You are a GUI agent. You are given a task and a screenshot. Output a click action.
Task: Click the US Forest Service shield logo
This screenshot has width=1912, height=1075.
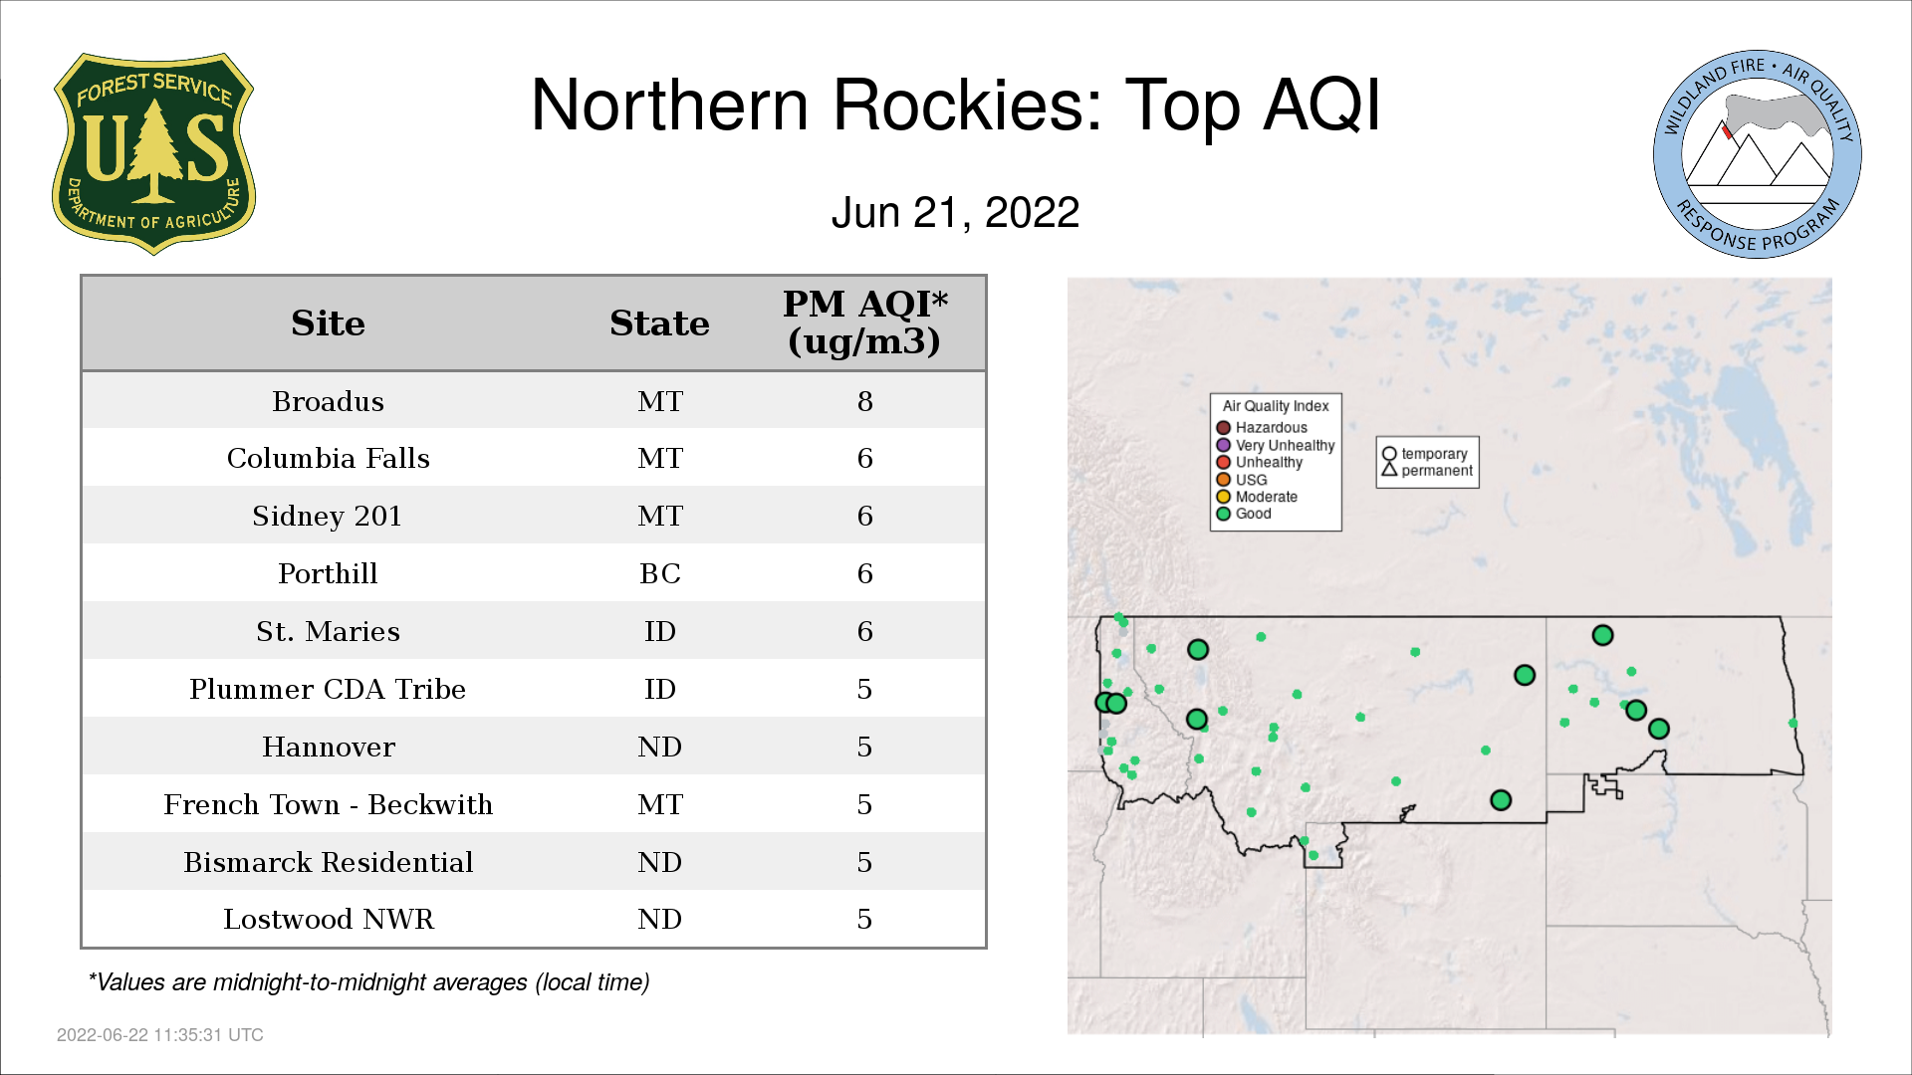153,154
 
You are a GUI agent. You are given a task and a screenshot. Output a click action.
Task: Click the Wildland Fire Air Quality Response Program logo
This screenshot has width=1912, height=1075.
1758,154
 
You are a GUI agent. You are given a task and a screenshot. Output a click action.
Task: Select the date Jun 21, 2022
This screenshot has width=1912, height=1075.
955,213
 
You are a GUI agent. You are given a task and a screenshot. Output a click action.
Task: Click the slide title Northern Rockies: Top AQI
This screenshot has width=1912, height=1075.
955,105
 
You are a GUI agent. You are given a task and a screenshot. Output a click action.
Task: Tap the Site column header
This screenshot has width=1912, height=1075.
328,323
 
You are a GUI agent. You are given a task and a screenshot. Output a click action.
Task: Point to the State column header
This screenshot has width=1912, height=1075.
659,323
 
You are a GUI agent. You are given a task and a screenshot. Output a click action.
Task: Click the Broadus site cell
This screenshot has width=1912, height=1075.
328,401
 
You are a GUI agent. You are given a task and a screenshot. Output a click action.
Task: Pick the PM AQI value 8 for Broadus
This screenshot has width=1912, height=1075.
864,401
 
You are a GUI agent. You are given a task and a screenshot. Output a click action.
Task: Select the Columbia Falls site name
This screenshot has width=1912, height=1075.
328,459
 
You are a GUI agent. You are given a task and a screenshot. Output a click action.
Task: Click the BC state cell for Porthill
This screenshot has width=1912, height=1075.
659,574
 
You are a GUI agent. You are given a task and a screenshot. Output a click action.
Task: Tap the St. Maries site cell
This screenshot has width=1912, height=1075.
328,632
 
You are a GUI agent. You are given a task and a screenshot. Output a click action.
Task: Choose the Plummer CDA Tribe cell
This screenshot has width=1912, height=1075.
328,690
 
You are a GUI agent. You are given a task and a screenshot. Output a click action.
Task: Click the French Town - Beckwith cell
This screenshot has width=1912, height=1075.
328,805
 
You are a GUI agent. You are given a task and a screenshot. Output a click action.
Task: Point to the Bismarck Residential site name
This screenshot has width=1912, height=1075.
328,863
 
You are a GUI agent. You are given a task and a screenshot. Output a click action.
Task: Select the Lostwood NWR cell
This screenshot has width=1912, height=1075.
328,920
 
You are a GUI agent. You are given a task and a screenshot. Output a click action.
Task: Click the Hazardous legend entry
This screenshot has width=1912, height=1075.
1262,428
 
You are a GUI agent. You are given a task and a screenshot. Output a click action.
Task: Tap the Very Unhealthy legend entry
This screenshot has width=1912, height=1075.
1276,445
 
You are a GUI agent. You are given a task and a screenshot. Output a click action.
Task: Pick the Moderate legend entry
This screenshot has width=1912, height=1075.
1257,497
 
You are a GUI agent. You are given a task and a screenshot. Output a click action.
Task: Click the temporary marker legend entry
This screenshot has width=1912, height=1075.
1425,454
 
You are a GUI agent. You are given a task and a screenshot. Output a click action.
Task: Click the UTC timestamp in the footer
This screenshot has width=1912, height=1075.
160,1035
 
